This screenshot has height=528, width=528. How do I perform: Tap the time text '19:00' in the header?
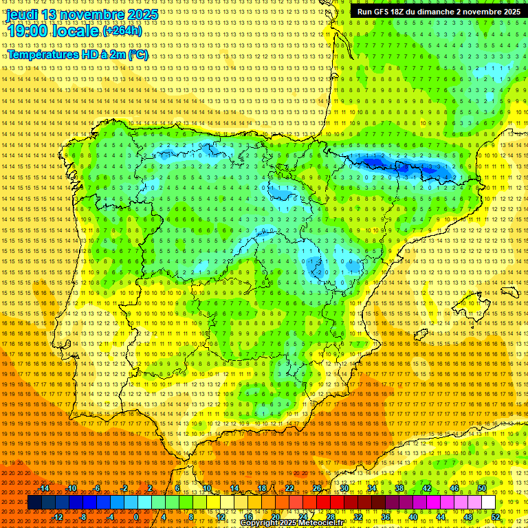pyautogui.click(x=27, y=31)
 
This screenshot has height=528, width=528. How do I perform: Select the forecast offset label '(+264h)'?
pyautogui.click(x=122, y=31)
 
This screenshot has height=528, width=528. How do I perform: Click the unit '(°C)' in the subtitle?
pyautogui.click(x=138, y=54)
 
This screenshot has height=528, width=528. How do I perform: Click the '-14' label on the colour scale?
pyautogui.click(x=44, y=488)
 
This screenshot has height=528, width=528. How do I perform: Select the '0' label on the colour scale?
pyautogui.click(x=137, y=517)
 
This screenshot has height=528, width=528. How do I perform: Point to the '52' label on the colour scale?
pyautogui.click(x=496, y=517)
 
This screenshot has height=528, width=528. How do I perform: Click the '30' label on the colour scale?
pyautogui.click(x=344, y=488)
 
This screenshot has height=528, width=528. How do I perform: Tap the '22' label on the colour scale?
pyautogui.click(x=289, y=488)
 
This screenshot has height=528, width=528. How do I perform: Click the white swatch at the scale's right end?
pyautogui.click(x=488, y=503)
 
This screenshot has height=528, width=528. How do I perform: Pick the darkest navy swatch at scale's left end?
pyautogui.click(x=34, y=503)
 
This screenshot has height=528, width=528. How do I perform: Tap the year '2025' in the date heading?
pyautogui.click(x=142, y=14)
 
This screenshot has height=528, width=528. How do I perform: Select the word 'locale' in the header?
pyautogui.click(x=76, y=31)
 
